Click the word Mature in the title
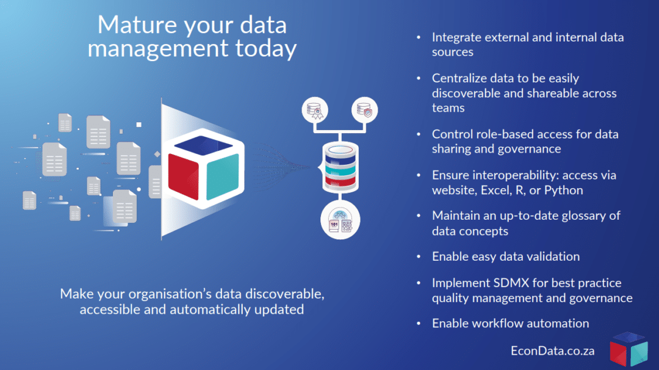pyautogui.click(x=137, y=25)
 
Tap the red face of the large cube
pyautogui.click(x=183, y=176)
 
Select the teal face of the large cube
pyautogui.click(x=223, y=176)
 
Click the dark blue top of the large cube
pyautogui.click(x=203, y=145)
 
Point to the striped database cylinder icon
pyautogui.click(x=340, y=167)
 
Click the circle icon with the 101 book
pyautogui.click(x=340, y=220)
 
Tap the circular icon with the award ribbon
pyautogui.click(x=315, y=110)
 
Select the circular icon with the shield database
pyautogui.click(x=364, y=110)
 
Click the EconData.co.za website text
pyautogui.click(x=553, y=350)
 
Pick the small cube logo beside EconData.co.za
pyautogui.click(x=628, y=349)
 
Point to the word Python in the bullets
pyautogui.click(x=564, y=190)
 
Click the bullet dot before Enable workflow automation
pyautogui.click(x=419, y=324)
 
